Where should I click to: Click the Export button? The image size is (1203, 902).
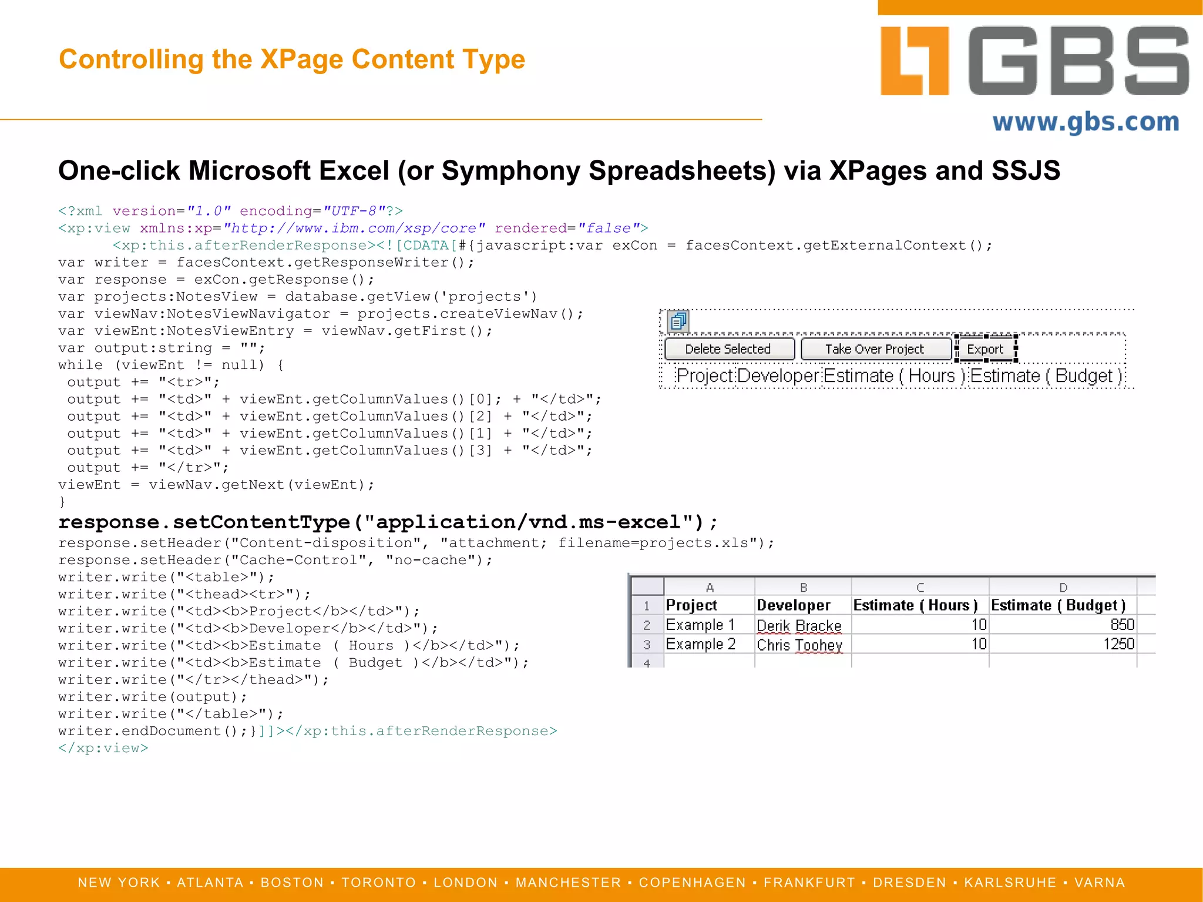click(985, 349)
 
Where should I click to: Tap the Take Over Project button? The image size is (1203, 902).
click(875, 349)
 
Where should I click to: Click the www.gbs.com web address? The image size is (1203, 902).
click(1086, 122)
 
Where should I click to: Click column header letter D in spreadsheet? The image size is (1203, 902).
click(1063, 588)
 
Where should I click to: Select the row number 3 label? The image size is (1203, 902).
click(647, 645)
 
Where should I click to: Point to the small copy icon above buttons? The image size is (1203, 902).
click(678, 321)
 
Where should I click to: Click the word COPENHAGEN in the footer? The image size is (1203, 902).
click(692, 883)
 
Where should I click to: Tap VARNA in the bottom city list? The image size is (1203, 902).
click(1100, 883)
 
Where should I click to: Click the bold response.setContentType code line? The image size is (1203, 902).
click(388, 522)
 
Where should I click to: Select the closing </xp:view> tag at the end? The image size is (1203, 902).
click(103, 748)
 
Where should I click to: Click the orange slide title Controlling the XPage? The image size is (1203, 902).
click(292, 59)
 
